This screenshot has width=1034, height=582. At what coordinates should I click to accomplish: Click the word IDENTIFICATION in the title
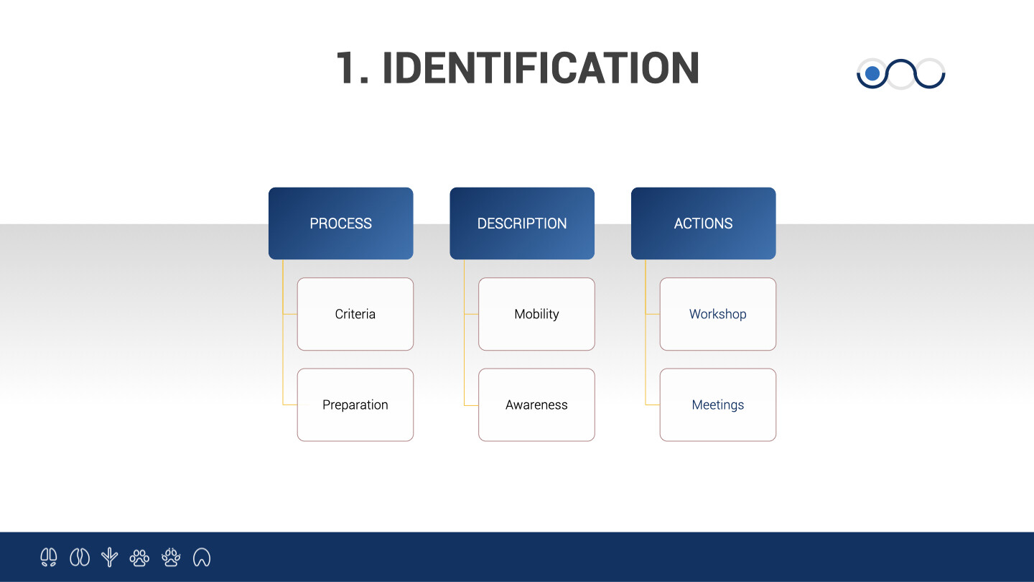[541, 68]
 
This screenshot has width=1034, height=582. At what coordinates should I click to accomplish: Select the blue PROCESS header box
[340, 223]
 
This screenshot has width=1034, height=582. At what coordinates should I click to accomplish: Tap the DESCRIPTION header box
[522, 223]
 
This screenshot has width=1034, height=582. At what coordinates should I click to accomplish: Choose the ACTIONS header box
[704, 223]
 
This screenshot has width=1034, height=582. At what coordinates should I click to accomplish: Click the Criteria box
[355, 314]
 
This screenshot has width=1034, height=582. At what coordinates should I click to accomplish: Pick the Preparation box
[355, 405]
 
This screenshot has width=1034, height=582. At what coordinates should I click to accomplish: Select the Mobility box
[537, 314]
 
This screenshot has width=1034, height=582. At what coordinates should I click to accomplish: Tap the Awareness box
[537, 405]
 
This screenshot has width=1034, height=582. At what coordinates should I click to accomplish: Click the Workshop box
[718, 314]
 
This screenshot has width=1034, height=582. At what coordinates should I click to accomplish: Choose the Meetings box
[718, 405]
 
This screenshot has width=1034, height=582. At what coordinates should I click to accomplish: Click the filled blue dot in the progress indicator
[872, 73]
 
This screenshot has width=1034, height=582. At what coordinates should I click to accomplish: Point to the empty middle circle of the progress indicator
[901, 88]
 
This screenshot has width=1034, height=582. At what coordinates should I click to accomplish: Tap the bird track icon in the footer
[109, 557]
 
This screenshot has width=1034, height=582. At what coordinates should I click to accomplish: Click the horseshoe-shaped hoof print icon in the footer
[202, 558]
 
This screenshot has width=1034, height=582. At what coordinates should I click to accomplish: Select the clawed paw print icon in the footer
[171, 557]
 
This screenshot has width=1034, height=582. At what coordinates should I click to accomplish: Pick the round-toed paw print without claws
[139, 558]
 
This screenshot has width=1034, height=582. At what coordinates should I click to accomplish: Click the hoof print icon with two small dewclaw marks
[49, 557]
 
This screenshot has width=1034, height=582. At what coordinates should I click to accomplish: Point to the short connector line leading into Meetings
[653, 405]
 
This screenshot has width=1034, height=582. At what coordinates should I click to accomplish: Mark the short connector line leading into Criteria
[290, 314]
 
